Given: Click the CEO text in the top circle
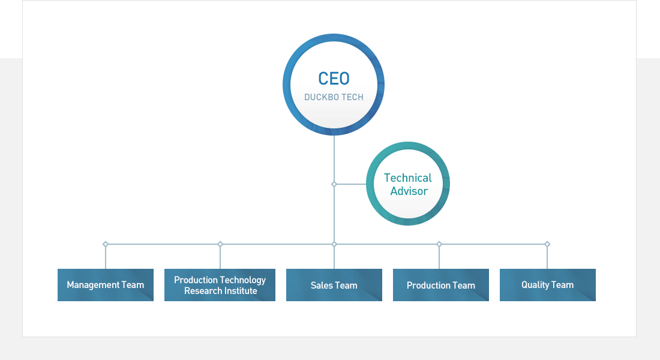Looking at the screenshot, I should click(x=334, y=79).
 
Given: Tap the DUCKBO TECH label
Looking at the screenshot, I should click(x=334, y=97).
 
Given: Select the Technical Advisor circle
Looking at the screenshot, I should click(x=408, y=184).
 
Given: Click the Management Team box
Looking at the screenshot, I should click(x=106, y=285).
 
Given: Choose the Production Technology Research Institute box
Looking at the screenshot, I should click(x=220, y=285).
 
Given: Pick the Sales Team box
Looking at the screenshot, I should click(x=334, y=285).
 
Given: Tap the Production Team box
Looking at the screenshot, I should click(x=441, y=285).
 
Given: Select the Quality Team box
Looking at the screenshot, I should click(x=548, y=285).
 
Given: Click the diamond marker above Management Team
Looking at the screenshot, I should click(x=106, y=244).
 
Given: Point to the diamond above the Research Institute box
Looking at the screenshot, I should click(x=220, y=244).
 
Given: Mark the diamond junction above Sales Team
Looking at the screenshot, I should click(x=334, y=244).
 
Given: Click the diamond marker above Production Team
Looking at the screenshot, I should click(x=439, y=244).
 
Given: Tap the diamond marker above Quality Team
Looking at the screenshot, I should click(x=547, y=244).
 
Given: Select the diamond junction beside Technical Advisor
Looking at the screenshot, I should click(x=334, y=184).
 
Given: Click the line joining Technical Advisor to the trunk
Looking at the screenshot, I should click(x=351, y=184).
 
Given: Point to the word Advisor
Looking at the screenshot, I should click(x=409, y=191).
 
